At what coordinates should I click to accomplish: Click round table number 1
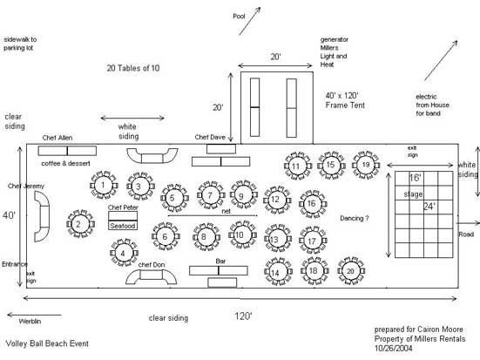tap(104, 185)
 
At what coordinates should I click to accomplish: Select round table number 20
tap(351, 271)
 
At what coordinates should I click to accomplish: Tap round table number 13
tap(277, 239)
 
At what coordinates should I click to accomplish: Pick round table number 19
tap(366, 165)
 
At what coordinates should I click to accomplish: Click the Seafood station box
tap(123, 221)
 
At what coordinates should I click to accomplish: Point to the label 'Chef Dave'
tap(210, 137)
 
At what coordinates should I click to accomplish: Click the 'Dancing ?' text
tap(355, 218)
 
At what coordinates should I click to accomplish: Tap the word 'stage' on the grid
tap(413, 194)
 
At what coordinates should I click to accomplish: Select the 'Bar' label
tap(220, 261)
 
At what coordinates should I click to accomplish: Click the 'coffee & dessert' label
tap(66, 163)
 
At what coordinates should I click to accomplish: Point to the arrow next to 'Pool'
tap(250, 21)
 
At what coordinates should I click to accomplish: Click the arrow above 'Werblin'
tap(34, 315)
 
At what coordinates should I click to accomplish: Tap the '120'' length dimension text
tap(243, 316)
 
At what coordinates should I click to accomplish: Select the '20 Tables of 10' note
tap(133, 68)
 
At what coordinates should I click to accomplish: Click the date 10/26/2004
tap(394, 348)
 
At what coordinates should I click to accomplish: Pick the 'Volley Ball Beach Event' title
tap(47, 343)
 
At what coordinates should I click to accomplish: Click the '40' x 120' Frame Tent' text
tap(345, 100)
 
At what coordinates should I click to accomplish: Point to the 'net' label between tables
tap(226, 211)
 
